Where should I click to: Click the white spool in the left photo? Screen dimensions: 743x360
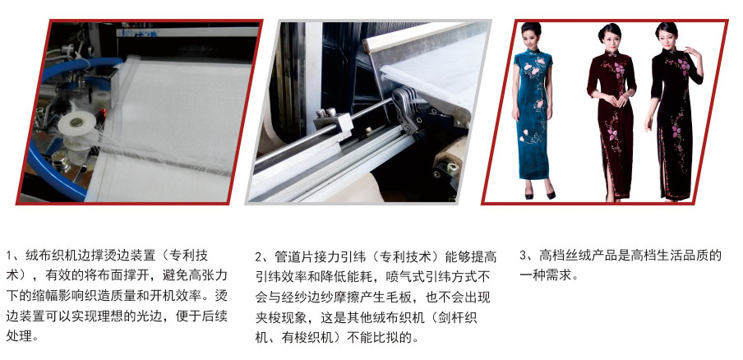coord(76,123)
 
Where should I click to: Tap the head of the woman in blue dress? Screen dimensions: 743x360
coord(531,34)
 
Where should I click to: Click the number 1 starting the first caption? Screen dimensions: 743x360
coord(9,256)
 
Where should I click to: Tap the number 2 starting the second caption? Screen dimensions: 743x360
coord(258,257)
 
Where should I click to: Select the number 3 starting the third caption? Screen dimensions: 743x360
coord(523,256)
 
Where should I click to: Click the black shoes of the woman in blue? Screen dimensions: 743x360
coord(540,194)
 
